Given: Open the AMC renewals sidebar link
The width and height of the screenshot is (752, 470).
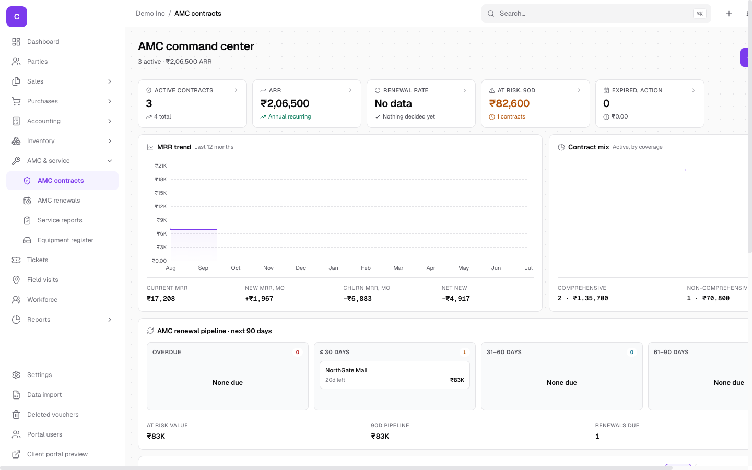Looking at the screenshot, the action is pyautogui.click(x=58, y=201).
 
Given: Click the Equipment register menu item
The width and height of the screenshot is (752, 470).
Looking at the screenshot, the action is pyautogui.click(x=65, y=240).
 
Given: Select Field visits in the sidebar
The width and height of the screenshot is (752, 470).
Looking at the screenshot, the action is pyautogui.click(x=43, y=280).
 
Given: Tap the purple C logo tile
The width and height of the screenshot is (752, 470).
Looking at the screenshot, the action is pyautogui.click(x=17, y=17).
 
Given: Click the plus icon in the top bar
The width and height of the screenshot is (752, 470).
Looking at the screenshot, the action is pyautogui.click(x=729, y=14).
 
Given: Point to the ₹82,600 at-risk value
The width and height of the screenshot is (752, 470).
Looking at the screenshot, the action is pyautogui.click(x=509, y=103).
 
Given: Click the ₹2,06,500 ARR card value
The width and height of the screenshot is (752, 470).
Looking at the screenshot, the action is pyautogui.click(x=285, y=103).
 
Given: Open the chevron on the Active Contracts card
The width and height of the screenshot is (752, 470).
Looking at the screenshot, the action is pyautogui.click(x=236, y=90).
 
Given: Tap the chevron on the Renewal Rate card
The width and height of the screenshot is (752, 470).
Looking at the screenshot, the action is pyautogui.click(x=465, y=90).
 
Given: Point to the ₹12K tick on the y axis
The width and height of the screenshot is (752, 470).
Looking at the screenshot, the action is pyautogui.click(x=160, y=206).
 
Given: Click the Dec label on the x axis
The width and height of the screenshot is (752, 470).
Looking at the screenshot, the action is pyautogui.click(x=301, y=268).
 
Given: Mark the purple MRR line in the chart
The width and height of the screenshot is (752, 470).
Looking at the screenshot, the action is pyautogui.click(x=193, y=229).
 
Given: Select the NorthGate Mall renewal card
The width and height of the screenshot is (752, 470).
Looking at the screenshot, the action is pyautogui.click(x=394, y=375).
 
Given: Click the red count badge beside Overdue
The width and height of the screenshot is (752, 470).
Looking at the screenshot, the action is pyautogui.click(x=298, y=352).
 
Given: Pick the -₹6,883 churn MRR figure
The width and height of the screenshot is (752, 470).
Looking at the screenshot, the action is pyautogui.click(x=357, y=299).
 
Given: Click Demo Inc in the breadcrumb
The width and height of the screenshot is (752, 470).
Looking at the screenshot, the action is pyautogui.click(x=150, y=14).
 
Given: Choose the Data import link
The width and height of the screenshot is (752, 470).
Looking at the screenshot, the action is pyautogui.click(x=44, y=394).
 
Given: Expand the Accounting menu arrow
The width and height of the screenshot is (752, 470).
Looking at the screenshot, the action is pyautogui.click(x=110, y=121).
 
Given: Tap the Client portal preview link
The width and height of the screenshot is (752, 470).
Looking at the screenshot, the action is pyautogui.click(x=57, y=454).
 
